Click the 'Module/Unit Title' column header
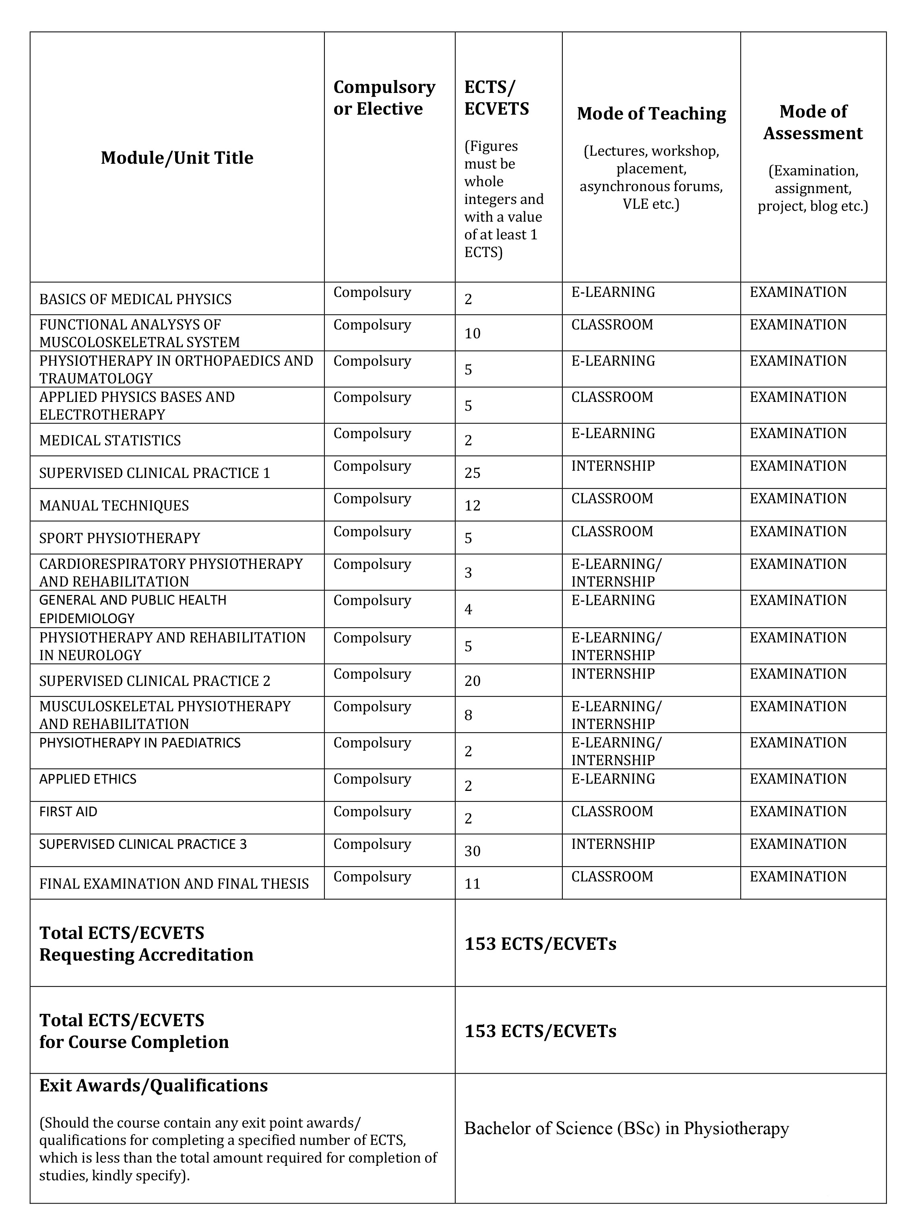(177, 158)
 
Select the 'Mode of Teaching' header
(651, 113)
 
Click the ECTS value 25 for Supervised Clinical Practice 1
(473, 473)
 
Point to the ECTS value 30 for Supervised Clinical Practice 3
(473, 851)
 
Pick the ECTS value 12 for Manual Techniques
(473, 505)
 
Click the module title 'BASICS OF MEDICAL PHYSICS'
(135, 299)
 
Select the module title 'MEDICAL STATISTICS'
(109, 441)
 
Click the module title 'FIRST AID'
(68, 811)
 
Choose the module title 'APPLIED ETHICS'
(87, 779)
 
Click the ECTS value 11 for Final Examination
(473, 883)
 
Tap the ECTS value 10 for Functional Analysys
(473, 333)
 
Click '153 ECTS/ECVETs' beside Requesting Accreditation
(540, 944)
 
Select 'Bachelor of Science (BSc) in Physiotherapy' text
(626, 1128)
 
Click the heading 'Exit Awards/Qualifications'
(153, 1085)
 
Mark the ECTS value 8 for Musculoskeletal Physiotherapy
(469, 715)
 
